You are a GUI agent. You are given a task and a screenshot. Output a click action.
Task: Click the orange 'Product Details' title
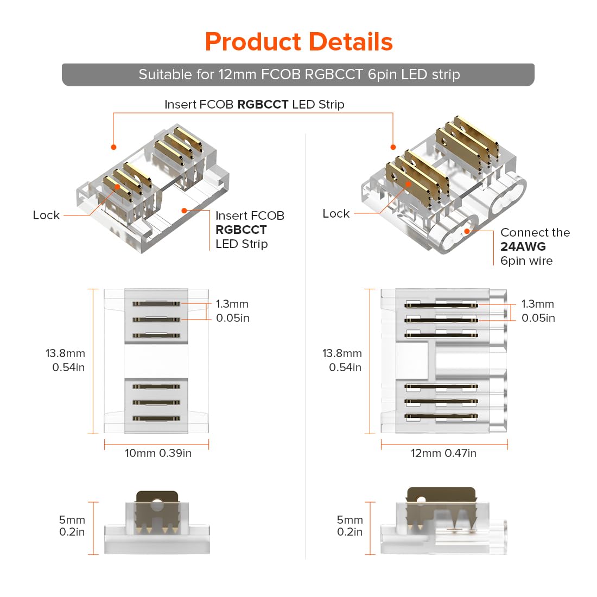point(298,42)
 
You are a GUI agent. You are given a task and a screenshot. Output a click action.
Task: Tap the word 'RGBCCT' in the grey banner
point(334,74)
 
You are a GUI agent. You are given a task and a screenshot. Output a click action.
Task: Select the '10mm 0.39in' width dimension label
point(158,453)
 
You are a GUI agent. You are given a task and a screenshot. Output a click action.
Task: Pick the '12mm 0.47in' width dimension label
point(443,453)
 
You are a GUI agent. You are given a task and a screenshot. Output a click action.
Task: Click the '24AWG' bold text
point(523,246)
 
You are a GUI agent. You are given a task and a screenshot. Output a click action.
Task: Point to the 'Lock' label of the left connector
point(46,215)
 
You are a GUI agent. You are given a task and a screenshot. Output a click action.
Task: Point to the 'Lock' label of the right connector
point(336,214)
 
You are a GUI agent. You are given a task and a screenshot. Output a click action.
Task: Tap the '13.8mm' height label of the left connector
point(65,353)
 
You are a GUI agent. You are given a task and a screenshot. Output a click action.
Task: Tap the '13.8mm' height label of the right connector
point(342,353)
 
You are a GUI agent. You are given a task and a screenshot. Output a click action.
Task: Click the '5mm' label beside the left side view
point(72,520)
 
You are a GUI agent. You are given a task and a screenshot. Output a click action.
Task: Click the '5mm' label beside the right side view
point(350,520)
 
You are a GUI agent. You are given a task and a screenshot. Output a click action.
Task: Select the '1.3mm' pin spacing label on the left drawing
point(232,304)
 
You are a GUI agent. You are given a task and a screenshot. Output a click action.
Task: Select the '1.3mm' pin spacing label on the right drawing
point(537,304)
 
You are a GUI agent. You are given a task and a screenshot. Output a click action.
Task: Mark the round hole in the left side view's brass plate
point(157,506)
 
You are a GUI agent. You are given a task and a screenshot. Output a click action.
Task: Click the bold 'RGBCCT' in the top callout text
point(263,104)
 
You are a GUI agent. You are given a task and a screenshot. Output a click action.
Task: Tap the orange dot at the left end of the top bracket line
point(113,147)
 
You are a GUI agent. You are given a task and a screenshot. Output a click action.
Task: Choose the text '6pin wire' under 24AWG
point(526,261)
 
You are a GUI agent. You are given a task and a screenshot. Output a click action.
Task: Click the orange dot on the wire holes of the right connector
point(467,232)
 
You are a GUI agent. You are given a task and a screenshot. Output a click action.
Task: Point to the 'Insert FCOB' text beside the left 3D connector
point(250,216)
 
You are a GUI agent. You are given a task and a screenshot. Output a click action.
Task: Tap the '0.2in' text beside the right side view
point(350,532)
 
